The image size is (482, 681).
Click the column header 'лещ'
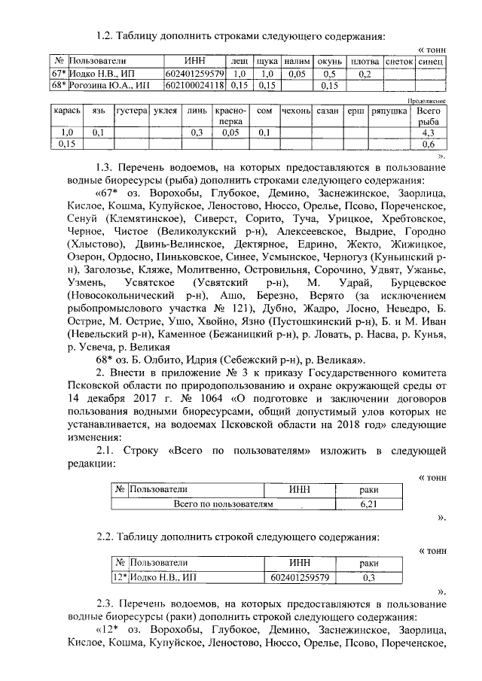pyautogui.click(x=239, y=59)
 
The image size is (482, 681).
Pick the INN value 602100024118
pyautogui.click(x=194, y=85)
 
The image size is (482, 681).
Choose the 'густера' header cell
pyautogui.click(x=130, y=111)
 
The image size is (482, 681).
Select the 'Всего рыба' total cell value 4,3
pyautogui.click(x=429, y=132)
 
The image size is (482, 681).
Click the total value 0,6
pyautogui.click(x=429, y=143)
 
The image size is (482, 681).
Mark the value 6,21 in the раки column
pyautogui.click(x=369, y=503)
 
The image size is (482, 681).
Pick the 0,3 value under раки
pyautogui.click(x=369, y=578)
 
